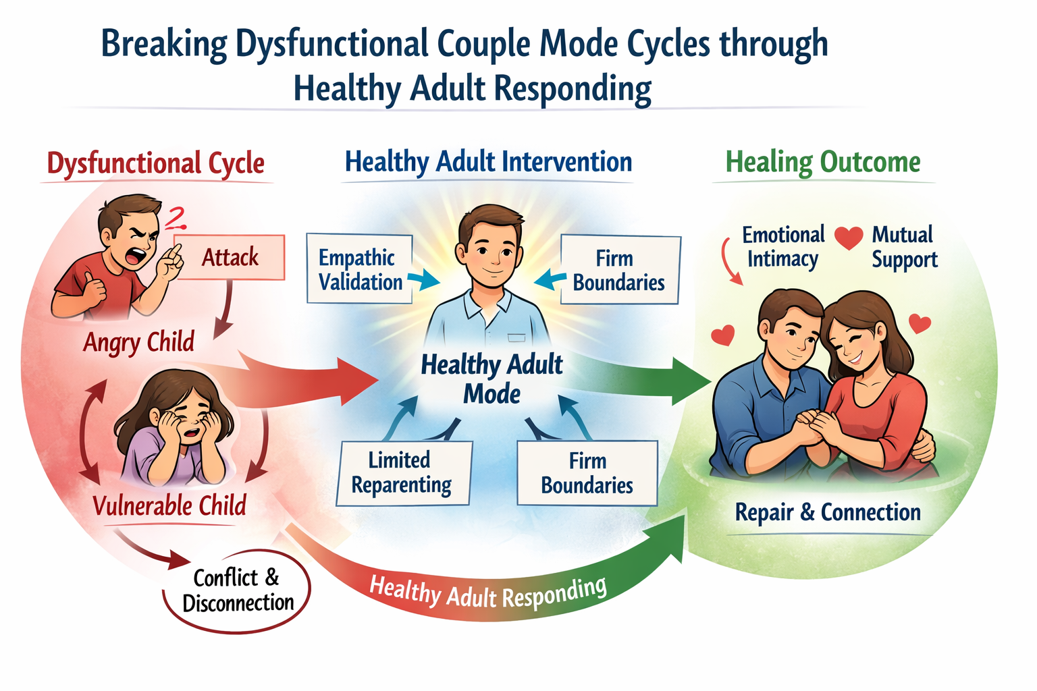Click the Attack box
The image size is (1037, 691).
(x=230, y=257)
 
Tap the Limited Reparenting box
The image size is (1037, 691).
(x=403, y=472)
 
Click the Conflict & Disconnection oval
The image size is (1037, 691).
(x=237, y=590)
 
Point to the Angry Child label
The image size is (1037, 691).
(x=138, y=342)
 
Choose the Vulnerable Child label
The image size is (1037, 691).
(x=169, y=505)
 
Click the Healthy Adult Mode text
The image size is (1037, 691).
(x=491, y=379)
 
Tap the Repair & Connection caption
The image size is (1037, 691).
(x=828, y=512)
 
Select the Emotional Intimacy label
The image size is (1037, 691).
(x=783, y=247)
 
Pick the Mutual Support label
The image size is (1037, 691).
(x=904, y=247)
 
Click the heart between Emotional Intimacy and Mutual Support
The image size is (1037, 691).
(x=848, y=238)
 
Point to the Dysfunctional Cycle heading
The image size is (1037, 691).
(x=156, y=163)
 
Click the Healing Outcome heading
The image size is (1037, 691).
(x=823, y=163)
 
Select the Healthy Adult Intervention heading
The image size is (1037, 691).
(x=488, y=162)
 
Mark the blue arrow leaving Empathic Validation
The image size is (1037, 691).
(x=423, y=280)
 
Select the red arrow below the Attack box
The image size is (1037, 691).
(x=224, y=310)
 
